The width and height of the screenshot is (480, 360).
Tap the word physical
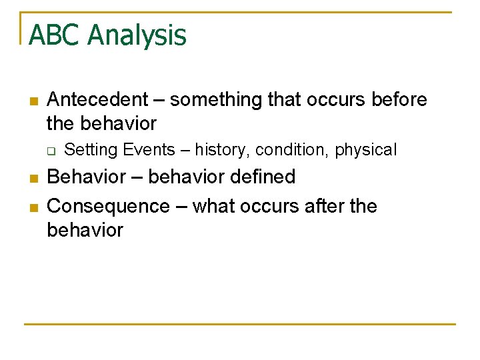pyautogui.click(x=365, y=151)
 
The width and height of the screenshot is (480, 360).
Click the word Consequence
pyautogui.click(x=109, y=207)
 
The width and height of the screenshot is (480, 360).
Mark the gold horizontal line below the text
pyautogui.click(x=240, y=325)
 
